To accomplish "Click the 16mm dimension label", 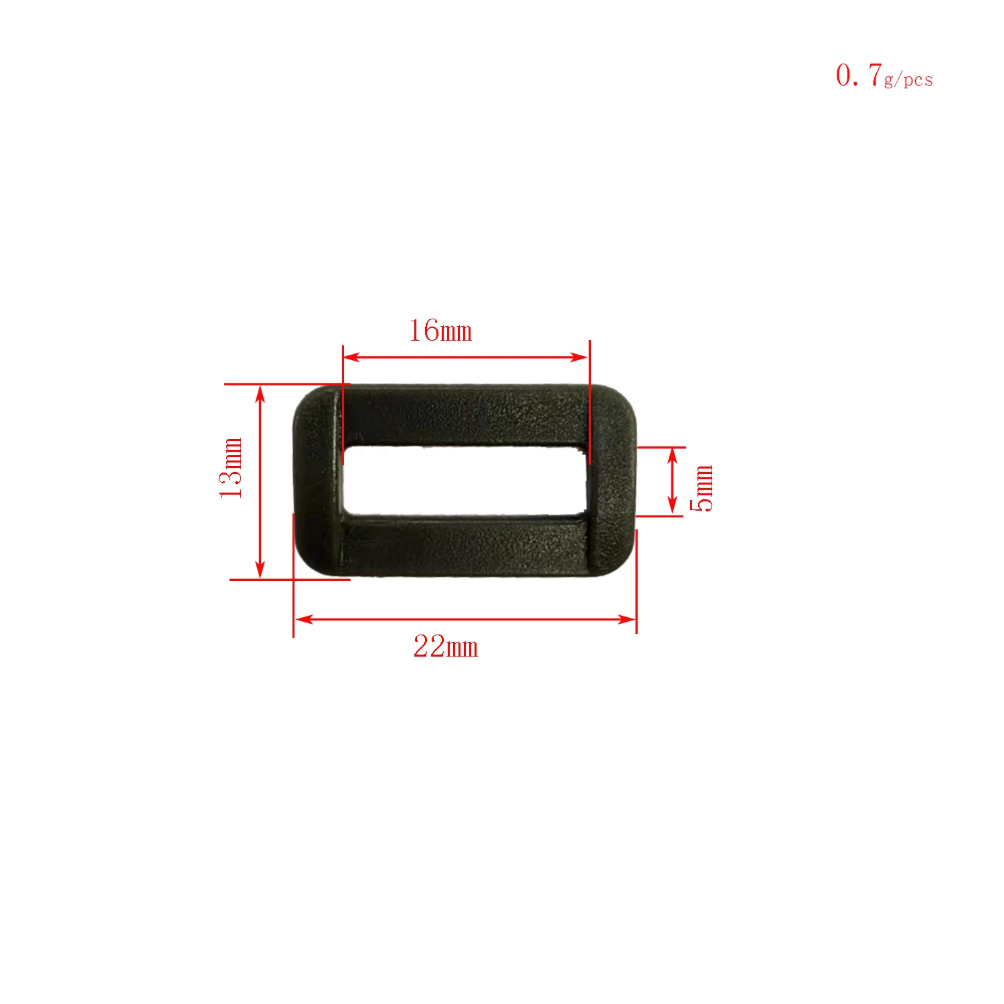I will (440, 331).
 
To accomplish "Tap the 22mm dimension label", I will (446, 647).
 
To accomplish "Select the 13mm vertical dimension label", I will (231, 467).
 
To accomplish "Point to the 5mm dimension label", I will (702, 487).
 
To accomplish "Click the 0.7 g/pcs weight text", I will (884, 76).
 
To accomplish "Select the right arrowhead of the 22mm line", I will (628, 619).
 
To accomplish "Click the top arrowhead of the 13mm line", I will (260, 394).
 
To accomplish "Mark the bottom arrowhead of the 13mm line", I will (260, 570).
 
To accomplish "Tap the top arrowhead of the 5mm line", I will (673, 456).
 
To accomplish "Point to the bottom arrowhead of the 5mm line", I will (673, 507).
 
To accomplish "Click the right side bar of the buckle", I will (611, 481).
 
